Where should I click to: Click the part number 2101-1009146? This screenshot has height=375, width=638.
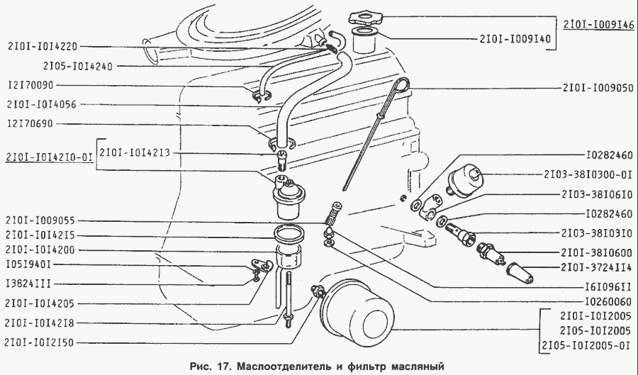[598, 24]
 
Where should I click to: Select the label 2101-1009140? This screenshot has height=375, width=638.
[515, 39]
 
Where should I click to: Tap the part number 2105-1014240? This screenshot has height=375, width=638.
[78, 66]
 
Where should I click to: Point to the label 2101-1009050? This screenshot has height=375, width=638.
[598, 88]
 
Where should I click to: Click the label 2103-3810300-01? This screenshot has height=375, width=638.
[588, 174]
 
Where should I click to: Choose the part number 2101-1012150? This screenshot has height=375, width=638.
[39, 342]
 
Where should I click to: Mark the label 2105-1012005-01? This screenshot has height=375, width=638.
[586, 346]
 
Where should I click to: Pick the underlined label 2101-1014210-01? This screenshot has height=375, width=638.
[49, 157]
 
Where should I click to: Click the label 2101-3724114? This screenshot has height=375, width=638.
[596, 267]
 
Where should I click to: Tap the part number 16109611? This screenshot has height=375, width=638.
[608, 286]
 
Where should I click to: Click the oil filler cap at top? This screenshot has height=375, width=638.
[365, 18]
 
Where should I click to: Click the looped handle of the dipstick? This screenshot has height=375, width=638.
[402, 84]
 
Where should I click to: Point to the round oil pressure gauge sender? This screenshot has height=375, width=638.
[464, 179]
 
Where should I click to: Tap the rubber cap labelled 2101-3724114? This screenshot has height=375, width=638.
[520, 273]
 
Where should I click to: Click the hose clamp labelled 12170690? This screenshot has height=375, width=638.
[282, 144]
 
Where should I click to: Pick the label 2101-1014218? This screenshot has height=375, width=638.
[40, 323]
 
